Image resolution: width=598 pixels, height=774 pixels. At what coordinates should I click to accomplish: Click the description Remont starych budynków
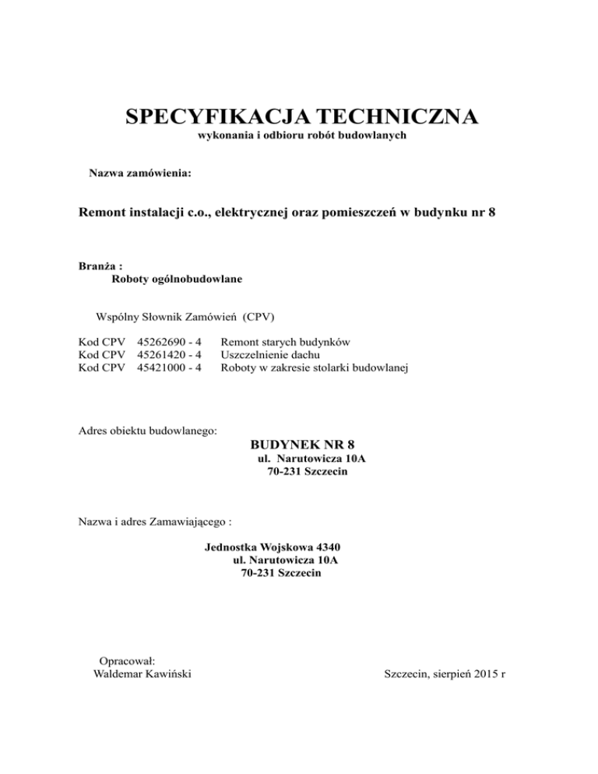(x=285, y=341)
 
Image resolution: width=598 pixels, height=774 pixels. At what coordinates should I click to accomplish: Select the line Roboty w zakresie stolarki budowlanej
(x=315, y=368)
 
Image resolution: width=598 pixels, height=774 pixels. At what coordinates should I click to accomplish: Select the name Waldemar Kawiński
(x=142, y=673)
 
